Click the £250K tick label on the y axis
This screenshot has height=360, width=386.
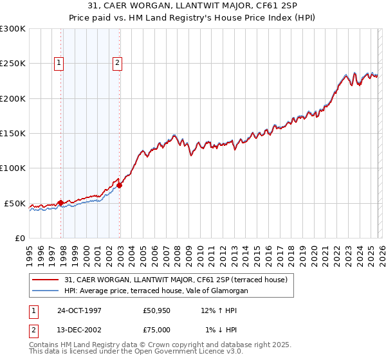coord(13,64)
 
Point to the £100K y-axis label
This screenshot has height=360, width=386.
coord(13,168)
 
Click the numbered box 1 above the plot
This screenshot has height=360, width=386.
coord(59,63)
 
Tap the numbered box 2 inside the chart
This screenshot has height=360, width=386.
coord(118,63)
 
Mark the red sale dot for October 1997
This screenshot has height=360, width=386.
coord(61,203)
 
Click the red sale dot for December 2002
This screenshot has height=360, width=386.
coord(120,186)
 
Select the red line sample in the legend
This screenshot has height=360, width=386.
coord(46,280)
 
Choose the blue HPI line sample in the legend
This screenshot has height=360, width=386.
coord(46,291)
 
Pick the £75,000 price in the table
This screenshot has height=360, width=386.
coord(157,329)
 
